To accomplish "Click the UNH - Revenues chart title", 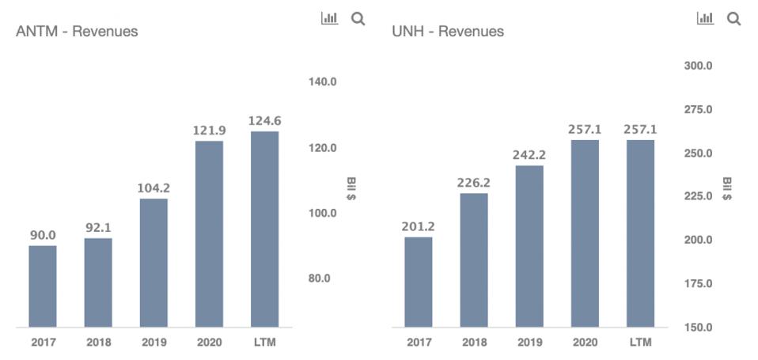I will (448, 32).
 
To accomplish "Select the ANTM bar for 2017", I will (43, 286).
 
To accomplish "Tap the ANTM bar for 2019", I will (153, 262).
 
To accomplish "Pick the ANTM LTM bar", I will (264, 229).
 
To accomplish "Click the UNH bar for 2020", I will (585, 233).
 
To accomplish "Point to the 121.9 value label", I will (209, 129).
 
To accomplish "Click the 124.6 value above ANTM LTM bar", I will (264, 121).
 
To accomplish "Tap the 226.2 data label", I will (474, 183).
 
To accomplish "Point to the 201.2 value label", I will (419, 227).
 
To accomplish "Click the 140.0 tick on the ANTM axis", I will (322, 81).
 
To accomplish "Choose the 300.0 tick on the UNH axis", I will (698, 66).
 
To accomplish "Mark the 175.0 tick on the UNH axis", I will (698, 283).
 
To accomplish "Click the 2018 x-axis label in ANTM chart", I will (98, 343).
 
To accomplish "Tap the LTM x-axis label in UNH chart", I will (640, 343).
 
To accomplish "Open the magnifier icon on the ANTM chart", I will (358, 18).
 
